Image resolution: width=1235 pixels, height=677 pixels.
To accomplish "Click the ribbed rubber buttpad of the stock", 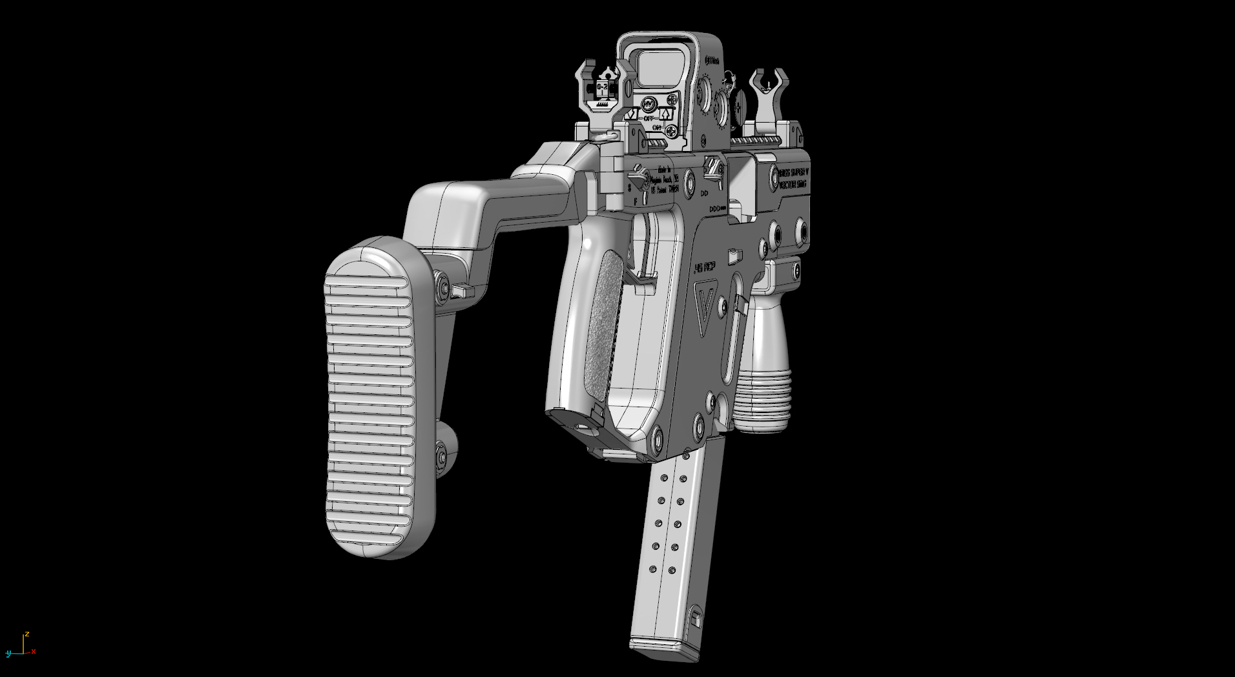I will [370, 400].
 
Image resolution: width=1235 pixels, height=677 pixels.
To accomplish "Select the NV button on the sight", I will [649, 104].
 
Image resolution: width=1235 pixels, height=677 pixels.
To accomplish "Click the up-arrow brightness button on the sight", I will [666, 115].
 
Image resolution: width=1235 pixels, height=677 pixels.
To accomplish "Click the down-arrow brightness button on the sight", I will [632, 115].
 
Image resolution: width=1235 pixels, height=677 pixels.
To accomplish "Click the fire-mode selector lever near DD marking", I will [713, 169].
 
